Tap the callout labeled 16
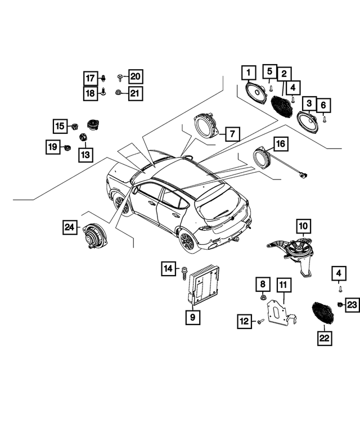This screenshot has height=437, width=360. tap(280, 145)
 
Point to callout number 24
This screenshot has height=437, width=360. tap(70, 227)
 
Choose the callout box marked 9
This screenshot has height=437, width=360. tap(192, 317)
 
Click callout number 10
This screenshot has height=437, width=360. tap(303, 227)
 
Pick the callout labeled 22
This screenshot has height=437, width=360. tap(325, 338)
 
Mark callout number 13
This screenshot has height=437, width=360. tap(85, 153)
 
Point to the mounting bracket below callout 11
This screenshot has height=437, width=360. tap(280, 314)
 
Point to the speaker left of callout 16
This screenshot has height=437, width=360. tap(262, 156)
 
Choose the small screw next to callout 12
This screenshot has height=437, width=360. tap(260, 322)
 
